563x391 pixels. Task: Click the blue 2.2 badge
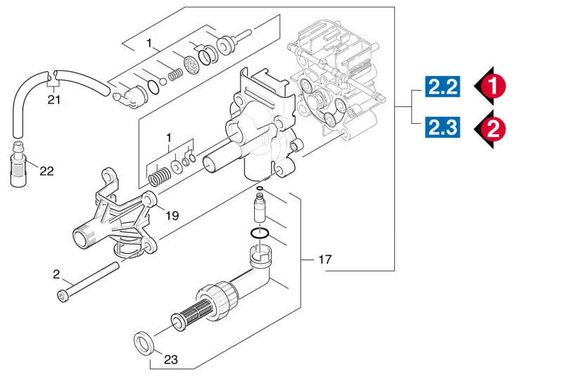pos(443,86)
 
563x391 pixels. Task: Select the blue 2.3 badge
pos(443,127)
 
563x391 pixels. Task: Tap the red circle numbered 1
pos(493,86)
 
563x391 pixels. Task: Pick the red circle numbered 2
pos(493,129)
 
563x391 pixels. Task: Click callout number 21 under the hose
pos(54,99)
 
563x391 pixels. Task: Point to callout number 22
pos(46,171)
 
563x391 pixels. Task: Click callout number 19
pos(172,215)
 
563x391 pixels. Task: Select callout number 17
pos(325,259)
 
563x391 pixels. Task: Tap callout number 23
pos(171,359)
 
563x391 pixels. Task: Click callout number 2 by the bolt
pos(56,274)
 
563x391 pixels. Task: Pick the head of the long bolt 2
pos(63,297)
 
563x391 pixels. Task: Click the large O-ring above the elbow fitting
pos(260,233)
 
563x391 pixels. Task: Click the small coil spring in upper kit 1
pos(175,75)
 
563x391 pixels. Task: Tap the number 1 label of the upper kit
pos(149,44)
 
